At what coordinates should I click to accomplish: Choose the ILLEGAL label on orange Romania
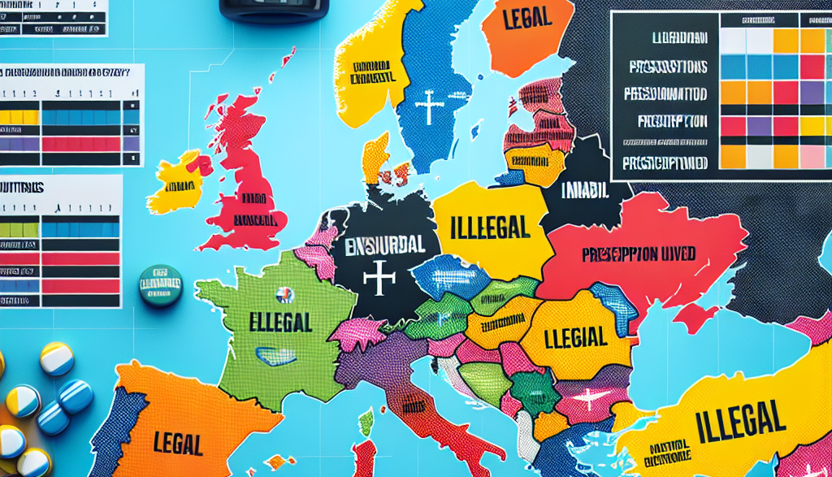click(575, 335)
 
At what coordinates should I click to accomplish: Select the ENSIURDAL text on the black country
click(382, 244)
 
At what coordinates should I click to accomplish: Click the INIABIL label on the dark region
click(585, 192)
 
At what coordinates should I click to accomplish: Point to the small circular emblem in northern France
click(284, 294)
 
